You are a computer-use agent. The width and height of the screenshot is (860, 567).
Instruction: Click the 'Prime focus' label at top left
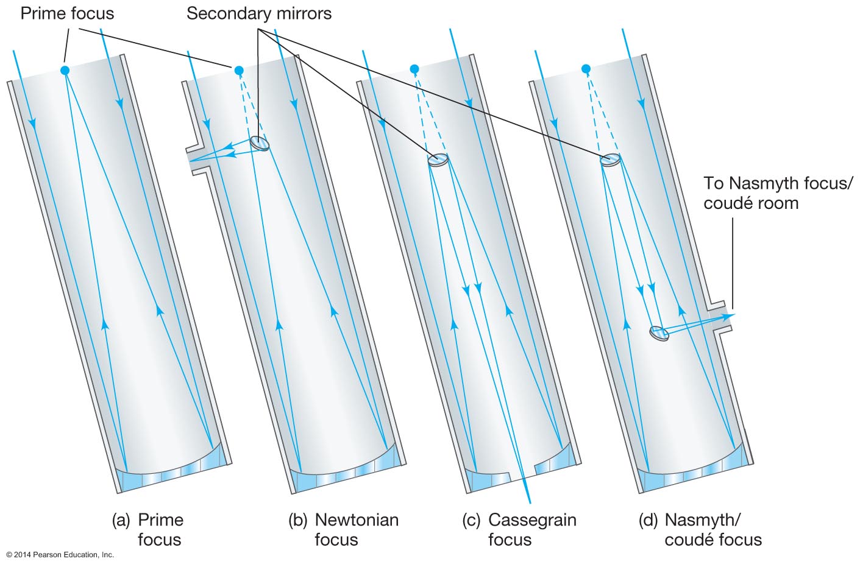[67, 13]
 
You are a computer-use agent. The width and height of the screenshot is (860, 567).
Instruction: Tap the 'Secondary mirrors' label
[259, 13]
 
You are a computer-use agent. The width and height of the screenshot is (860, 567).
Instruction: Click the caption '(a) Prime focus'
[148, 529]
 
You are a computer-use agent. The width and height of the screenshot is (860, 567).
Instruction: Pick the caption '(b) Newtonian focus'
[344, 529]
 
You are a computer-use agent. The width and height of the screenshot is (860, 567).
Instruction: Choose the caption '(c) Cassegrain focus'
[519, 529]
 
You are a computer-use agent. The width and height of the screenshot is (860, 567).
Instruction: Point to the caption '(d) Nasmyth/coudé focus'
[700, 529]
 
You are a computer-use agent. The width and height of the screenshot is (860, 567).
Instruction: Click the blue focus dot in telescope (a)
[65, 71]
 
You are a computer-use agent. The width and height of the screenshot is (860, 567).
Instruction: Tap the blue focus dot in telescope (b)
[239, 71]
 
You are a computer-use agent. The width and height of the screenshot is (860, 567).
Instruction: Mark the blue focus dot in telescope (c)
[414, 68]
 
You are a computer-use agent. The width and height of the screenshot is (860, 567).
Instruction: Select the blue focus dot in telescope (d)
[586, 68]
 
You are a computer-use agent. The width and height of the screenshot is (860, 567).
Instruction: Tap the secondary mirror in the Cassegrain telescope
[438, 160]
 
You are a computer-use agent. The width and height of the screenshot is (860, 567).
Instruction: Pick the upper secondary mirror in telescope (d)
[611, 160]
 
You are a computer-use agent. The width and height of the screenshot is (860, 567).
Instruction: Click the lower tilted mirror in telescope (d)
[659, 333]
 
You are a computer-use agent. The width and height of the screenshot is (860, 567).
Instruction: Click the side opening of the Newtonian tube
[196, 160]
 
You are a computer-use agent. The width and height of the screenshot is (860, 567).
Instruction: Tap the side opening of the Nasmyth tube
[722, 317]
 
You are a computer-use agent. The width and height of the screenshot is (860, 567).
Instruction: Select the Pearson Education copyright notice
[60, 555]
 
